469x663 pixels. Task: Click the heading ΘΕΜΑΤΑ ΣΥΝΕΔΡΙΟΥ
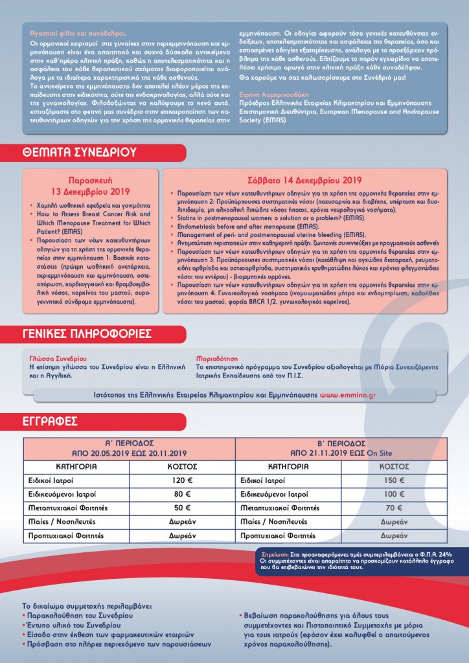[79, 153]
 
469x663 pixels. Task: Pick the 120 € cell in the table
[183, 481]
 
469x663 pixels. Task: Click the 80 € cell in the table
[183, 495]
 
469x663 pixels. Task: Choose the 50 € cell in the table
[183, 508]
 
